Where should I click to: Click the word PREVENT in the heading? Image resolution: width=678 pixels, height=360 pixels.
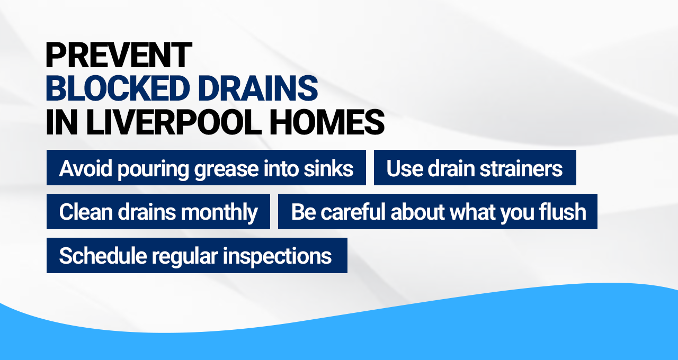coord(119,55)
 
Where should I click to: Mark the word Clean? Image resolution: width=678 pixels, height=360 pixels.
coord(85,212)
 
